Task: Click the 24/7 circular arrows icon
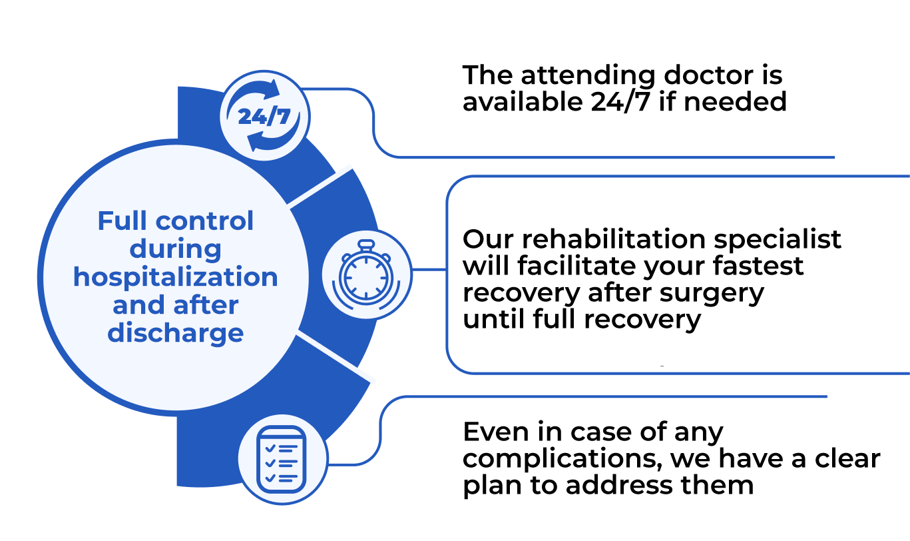click(x=264, y=115)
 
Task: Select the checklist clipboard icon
click(x=281, y=459)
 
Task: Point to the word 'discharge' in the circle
click(x=176, y=333)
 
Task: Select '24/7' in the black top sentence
click(x=620, y=102)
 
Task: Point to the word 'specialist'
click(x=778, y=240)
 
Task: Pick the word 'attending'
click(x=588, y=77)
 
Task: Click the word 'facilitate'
click(x=576, y=266)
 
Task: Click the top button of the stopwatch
click(x=366, y=245)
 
